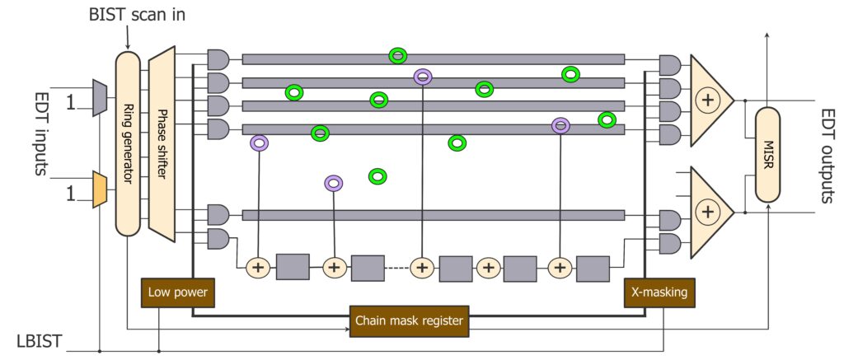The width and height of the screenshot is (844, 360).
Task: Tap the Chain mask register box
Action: click(x=408, y=321)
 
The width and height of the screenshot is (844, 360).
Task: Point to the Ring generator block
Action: click(x=128, y=143)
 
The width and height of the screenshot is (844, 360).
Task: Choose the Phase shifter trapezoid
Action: click(x=162, y=143)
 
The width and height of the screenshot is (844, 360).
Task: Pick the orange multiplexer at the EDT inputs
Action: click(x=100, y=190)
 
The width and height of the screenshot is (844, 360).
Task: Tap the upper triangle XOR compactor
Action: click(x=710, y=101)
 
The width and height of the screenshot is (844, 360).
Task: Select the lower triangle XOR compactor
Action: click(x=710, y=212)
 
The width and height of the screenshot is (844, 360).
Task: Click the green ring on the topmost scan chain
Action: click(x=398, y=56)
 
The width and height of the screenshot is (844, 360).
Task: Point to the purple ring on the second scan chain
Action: click(x=423, y=77)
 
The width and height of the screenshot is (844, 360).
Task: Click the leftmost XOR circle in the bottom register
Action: click(x=259, y=267)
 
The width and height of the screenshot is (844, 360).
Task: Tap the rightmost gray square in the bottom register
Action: click(x=593, y=268)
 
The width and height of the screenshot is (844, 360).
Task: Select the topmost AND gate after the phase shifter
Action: click(x=218, y=58)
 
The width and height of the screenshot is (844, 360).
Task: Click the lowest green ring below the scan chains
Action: click(x=377, y=175)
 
